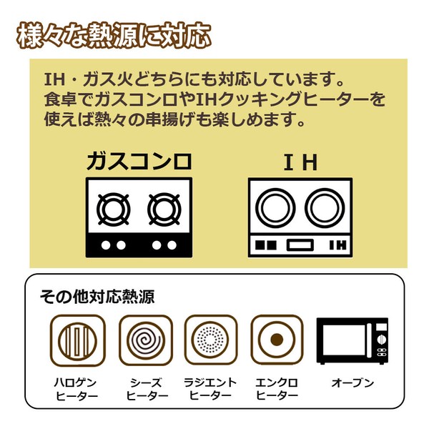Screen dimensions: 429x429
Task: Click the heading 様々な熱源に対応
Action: coord(111,35)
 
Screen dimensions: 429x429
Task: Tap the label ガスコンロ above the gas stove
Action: coord(139,162)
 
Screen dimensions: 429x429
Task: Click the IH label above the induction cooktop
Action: coord(300,163)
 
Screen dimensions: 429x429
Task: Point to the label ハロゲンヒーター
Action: coord(78,389)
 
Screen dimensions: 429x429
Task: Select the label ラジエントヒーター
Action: coord(210,389)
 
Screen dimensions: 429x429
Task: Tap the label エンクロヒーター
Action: coord(277,389)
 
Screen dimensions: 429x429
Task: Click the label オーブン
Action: coord(352,383)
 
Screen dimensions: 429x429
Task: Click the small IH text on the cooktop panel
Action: coord(337,245)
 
